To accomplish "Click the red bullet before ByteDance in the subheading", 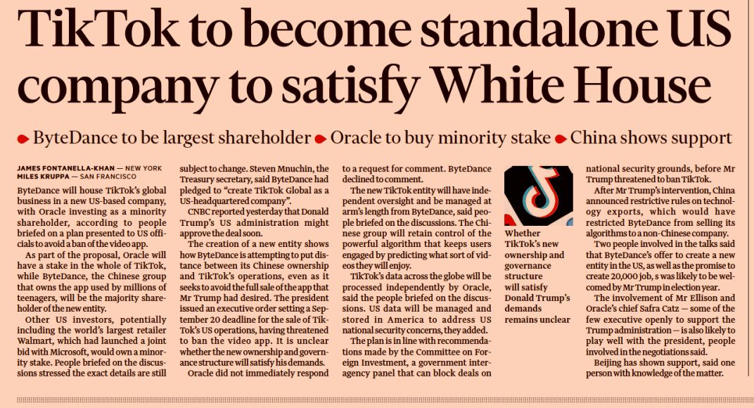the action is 23,139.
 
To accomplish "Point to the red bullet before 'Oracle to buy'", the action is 320,139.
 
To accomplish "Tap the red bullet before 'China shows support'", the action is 560,139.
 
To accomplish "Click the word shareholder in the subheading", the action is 264,138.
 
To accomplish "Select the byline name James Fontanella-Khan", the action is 66,168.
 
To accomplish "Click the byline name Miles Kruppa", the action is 44,177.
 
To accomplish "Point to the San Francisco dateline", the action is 108,177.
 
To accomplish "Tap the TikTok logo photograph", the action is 539,196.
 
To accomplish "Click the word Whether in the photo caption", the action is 522,234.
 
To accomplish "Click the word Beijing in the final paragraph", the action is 609,363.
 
